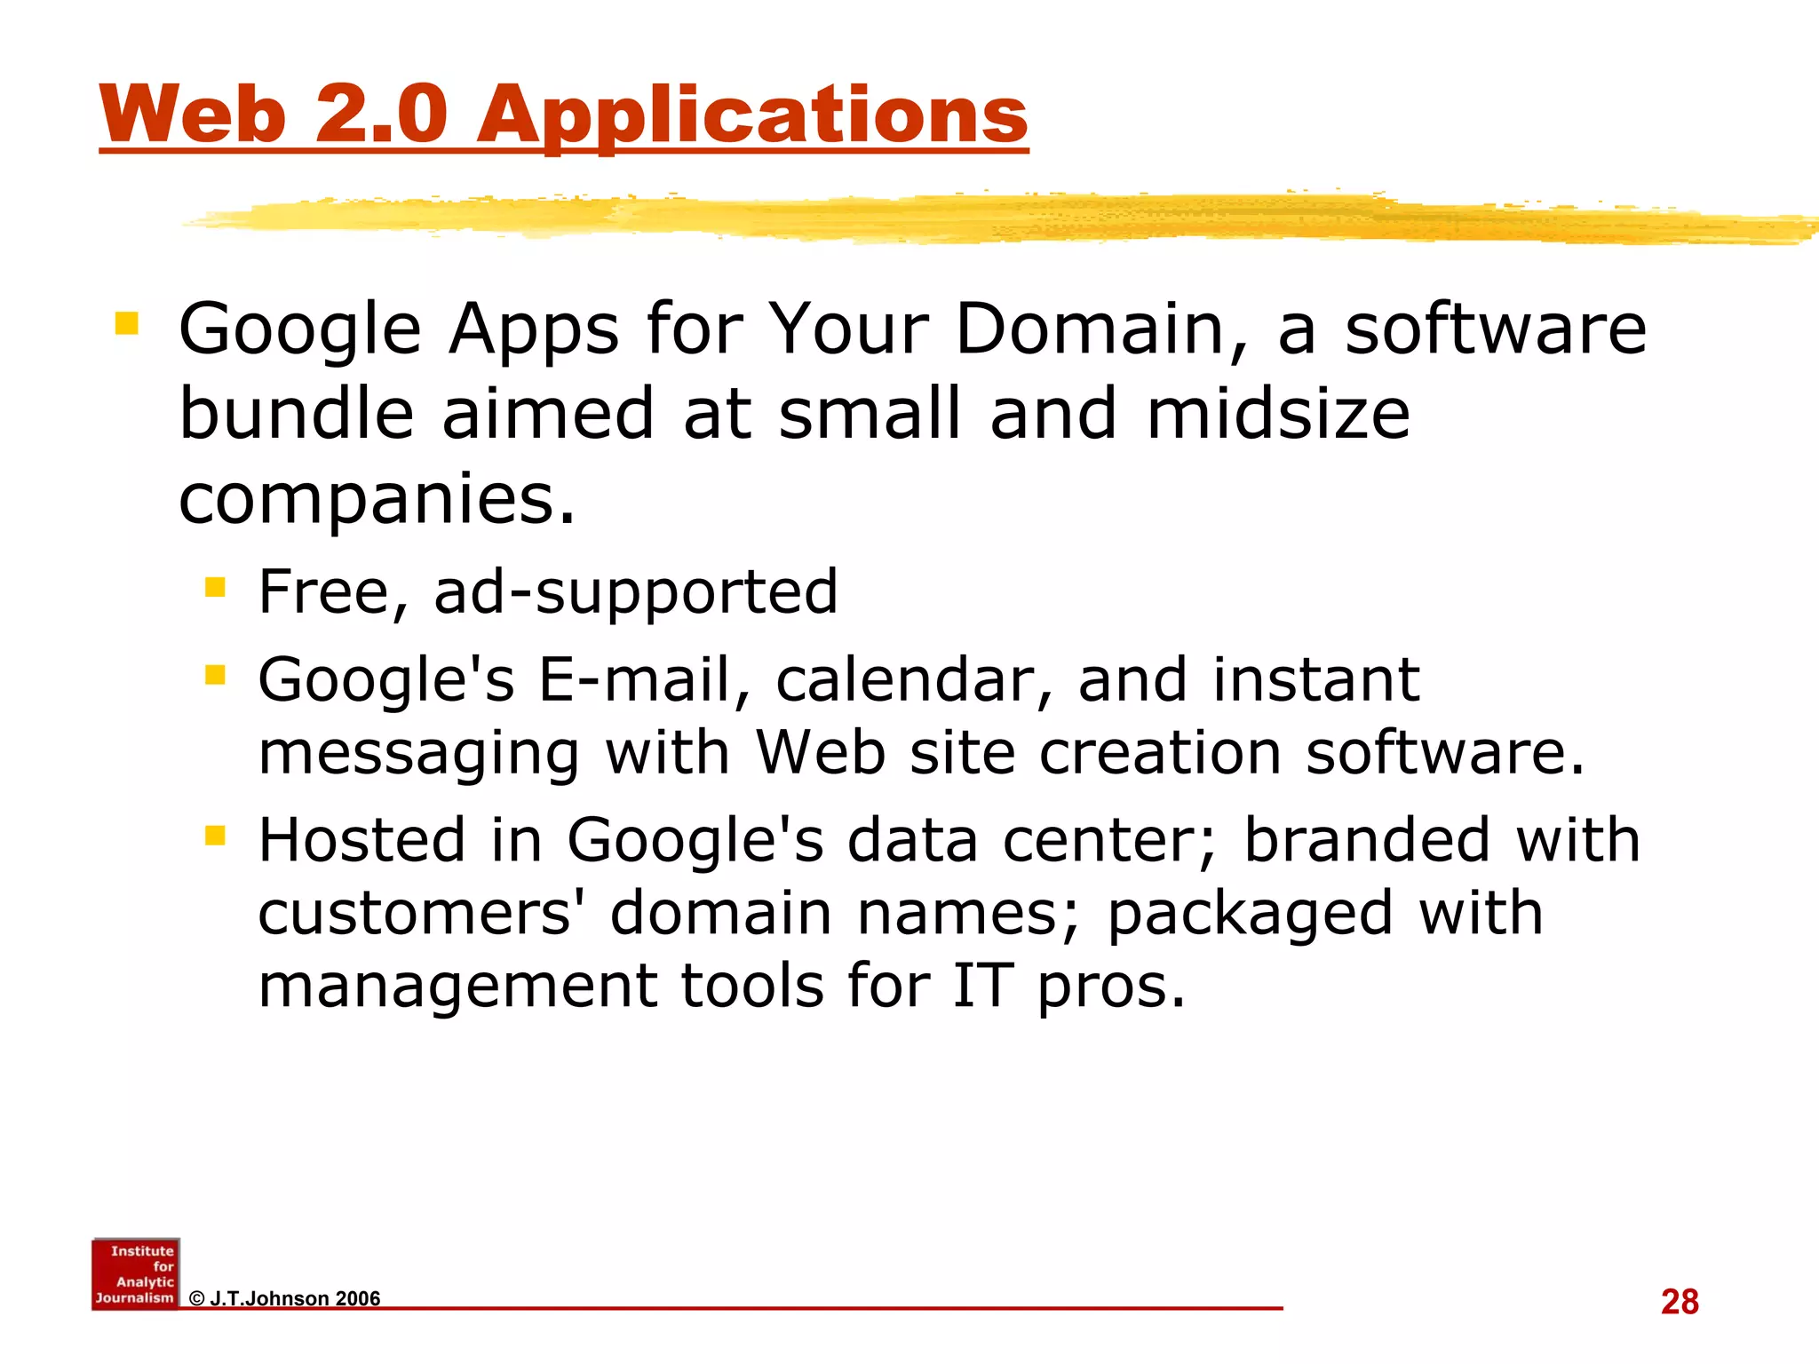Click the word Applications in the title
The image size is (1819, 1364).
pos(752,115)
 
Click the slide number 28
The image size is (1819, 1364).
pos(1679,1302)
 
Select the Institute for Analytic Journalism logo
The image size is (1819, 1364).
pos(136,1273)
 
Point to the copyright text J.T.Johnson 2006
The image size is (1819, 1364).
pos(285,1298)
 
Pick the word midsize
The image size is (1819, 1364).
pos(1277,414)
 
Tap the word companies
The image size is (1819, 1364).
pos(377,499)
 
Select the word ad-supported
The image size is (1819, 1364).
pos(635,593)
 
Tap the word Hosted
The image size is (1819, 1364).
pos(361,839)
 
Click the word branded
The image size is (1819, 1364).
pos(1366,839)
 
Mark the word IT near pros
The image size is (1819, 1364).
pos(982,986)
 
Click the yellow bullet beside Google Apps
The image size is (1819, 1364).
pos(126,322)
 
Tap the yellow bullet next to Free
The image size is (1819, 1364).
pos(215,587)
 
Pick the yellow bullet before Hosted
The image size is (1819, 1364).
pos(215,835)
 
